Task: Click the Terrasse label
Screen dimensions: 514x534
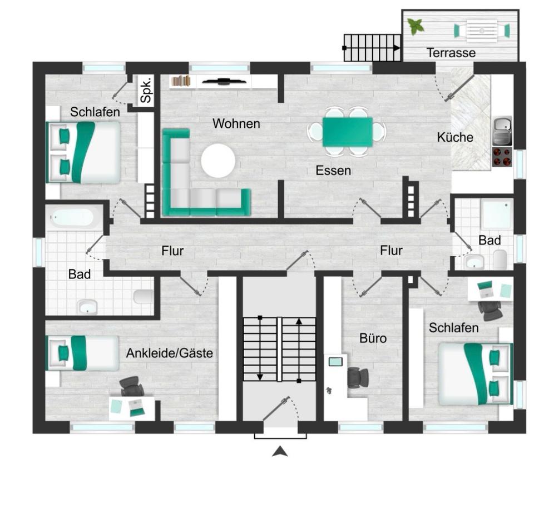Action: coord(451,53)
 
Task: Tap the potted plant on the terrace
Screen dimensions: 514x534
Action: coord(415,26)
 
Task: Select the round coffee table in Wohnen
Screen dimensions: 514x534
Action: coord(218,161)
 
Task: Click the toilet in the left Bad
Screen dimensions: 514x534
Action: coord(144,296)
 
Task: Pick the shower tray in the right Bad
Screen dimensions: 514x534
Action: coord(497,214)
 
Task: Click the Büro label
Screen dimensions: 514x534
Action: coord(373,338)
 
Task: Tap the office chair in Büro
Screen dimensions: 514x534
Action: coord(357,377)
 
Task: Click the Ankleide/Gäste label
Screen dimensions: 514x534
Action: coord(170,353)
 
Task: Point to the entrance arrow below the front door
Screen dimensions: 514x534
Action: coord(280,452)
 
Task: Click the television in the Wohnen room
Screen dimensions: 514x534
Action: coord(224,82)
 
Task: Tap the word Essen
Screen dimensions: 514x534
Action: coord(333,171)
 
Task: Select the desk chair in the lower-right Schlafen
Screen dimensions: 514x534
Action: coord(489,310)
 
